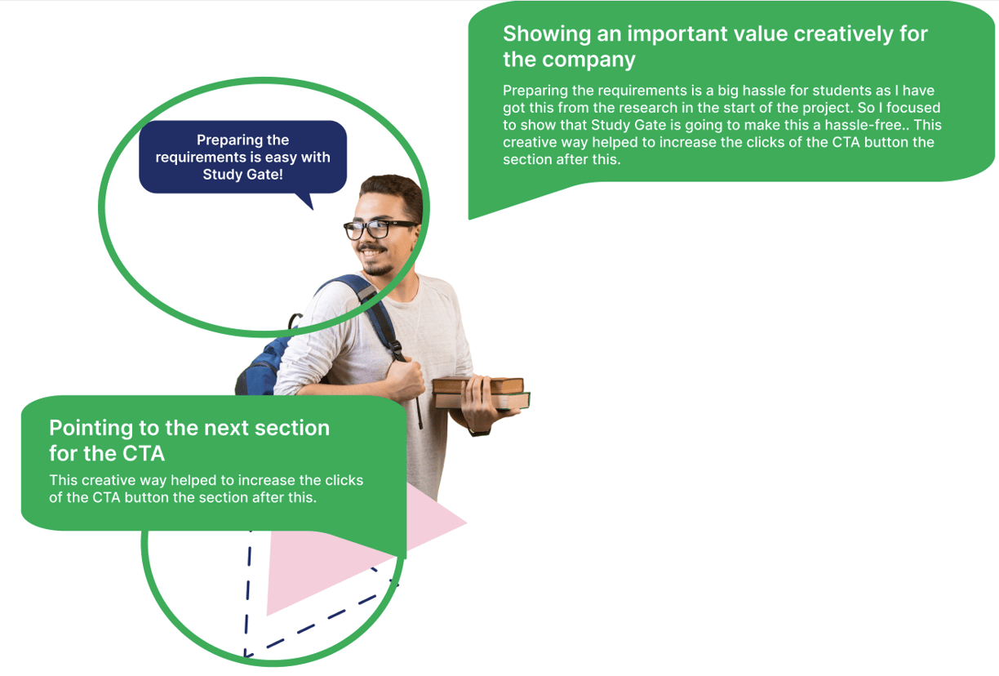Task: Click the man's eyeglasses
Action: click(380, 229)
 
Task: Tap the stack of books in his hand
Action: click(481, 393)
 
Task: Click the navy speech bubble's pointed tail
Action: click(306, 201)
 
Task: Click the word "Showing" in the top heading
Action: click(547, 35)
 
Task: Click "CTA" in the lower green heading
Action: click(144, 454)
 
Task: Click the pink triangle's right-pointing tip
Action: click(465, 523)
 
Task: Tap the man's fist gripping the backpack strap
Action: click(405, 380)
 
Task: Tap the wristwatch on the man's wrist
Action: click(479, 432)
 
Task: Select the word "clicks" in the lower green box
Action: click(344, 480)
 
